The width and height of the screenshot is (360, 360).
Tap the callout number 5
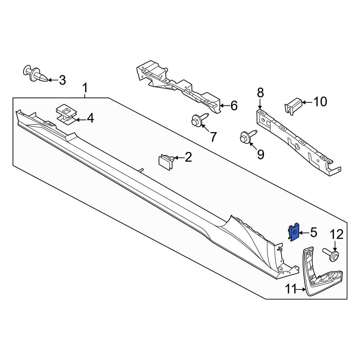tap(313, 233)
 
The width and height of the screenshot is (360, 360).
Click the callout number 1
tap(85, 89)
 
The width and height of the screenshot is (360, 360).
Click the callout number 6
tap(234, 105)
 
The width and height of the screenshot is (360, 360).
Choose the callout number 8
tap(260, 93)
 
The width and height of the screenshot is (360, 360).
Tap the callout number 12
tap(337, 234)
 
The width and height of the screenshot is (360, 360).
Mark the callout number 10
tap(320, 102)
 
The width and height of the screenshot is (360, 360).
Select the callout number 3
tap(62, 80)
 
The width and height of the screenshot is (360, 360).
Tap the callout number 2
tap(188, 157)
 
